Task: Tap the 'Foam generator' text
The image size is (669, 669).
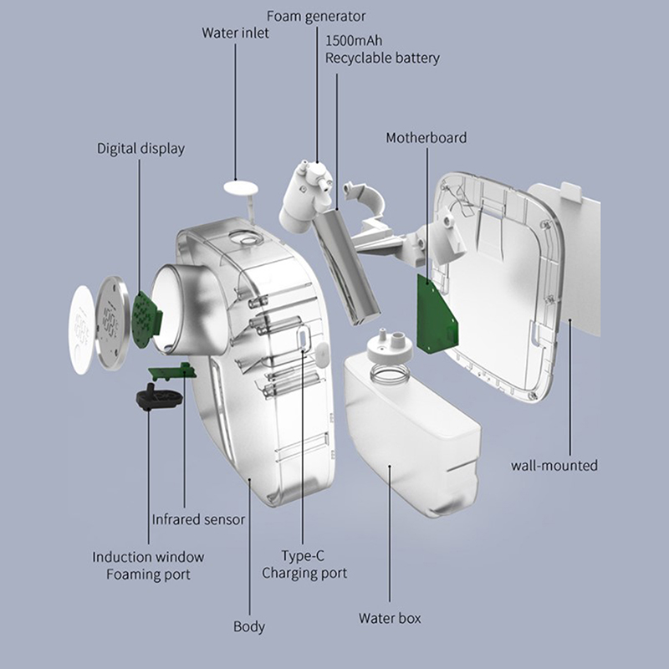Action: click(316, 16)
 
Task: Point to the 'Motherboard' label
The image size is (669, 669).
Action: click(426, 137)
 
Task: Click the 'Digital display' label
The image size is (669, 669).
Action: click(140, 149)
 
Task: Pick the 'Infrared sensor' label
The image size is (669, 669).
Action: click(198, 519)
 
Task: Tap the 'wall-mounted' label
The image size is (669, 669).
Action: click(554, 466)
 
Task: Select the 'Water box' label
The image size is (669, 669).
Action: click(390, 619)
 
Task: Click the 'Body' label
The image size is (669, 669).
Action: click(249, 626)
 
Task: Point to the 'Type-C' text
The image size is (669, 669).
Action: click(304, 555)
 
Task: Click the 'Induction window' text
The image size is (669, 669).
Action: click(148, 557)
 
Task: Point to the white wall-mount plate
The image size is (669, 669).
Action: click(577, 251)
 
